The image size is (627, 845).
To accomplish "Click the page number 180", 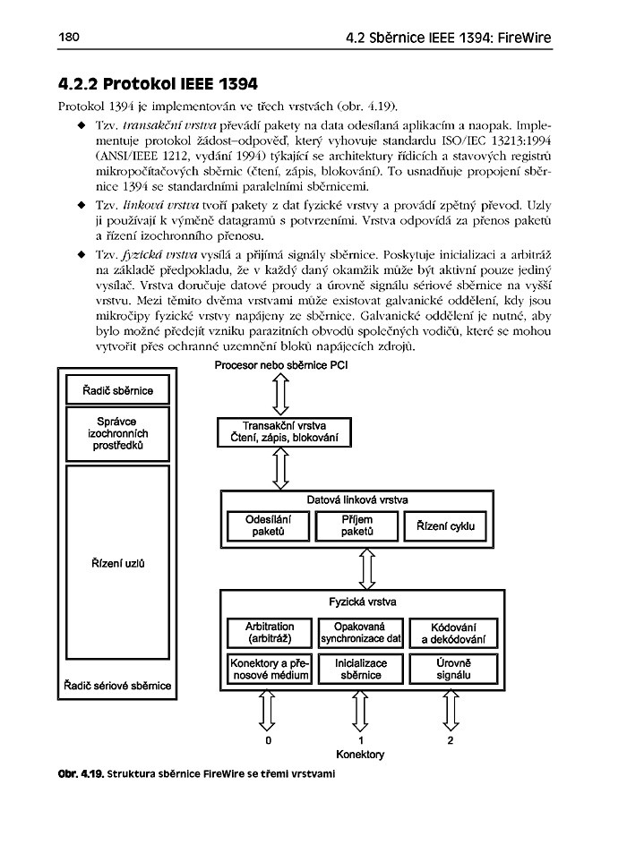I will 70,38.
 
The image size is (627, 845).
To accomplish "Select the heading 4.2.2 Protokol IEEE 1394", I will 158,85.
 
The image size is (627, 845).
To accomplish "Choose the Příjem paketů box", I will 356,525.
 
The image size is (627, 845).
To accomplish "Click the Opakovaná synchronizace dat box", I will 360,632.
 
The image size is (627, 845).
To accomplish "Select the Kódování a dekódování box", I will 452,632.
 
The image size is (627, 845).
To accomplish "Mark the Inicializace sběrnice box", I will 360,669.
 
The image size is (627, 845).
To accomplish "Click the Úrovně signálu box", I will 452,669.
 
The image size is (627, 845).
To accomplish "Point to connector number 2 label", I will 451,741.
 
